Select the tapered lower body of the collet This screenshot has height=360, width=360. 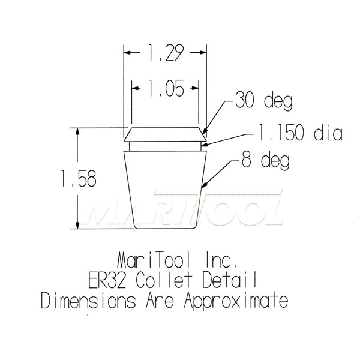tap(166, 189)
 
